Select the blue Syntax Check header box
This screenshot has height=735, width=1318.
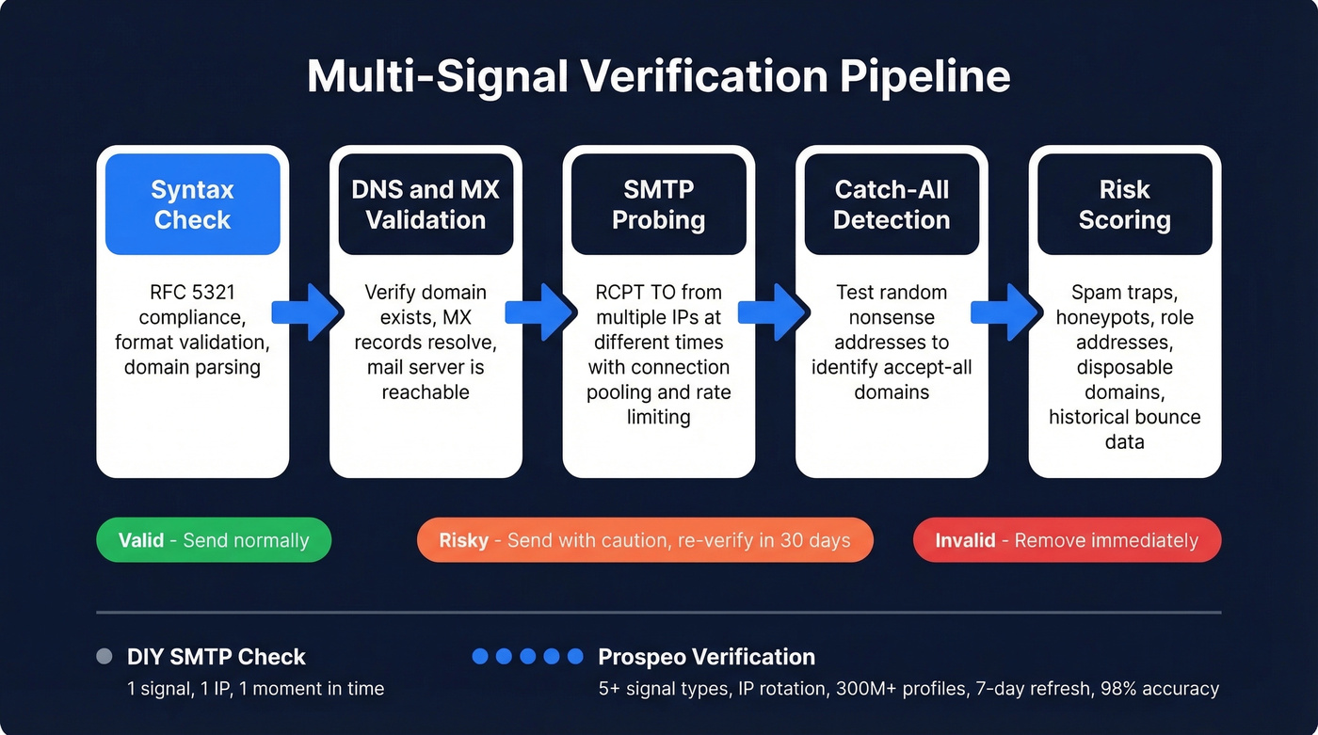click(x=192, y=204)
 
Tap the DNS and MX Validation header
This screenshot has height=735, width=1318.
click(x=426, y=204)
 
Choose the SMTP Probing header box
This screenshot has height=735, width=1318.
click(x=658, y=204)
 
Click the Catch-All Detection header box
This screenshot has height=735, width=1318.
click(x=892, y=204)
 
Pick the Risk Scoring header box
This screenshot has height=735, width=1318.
click(x=1124, y=204)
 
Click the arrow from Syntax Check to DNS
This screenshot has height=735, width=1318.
click(x=309, y=312)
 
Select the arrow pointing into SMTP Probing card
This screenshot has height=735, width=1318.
click(x=542, y=312)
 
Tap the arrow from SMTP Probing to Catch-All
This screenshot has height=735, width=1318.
click(x=775, y=312)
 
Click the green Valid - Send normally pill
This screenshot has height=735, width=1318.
click(x=214, y=540)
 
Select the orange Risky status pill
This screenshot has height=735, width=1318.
click(x=645, y=540)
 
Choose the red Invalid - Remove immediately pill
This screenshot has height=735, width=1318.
click(x=1067, y=540)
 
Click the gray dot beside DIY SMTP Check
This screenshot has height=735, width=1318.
click(x=104, y=657)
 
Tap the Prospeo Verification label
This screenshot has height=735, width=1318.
click(x=706, y=657)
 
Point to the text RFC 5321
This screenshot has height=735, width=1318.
click(x=192, y=292)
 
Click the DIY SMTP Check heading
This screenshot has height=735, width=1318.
click(x=217, y=657)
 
